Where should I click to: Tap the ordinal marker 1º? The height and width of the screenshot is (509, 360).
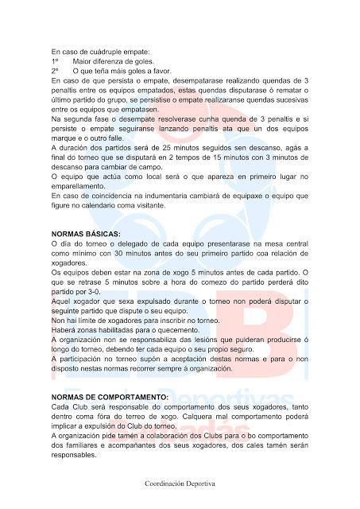coord(55,61)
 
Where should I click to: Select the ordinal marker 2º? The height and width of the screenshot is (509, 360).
coord(55,71)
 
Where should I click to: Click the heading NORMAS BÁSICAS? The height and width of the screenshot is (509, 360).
coord(85,233)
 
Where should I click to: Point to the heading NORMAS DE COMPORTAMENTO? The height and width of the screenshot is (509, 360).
coord(109,396)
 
